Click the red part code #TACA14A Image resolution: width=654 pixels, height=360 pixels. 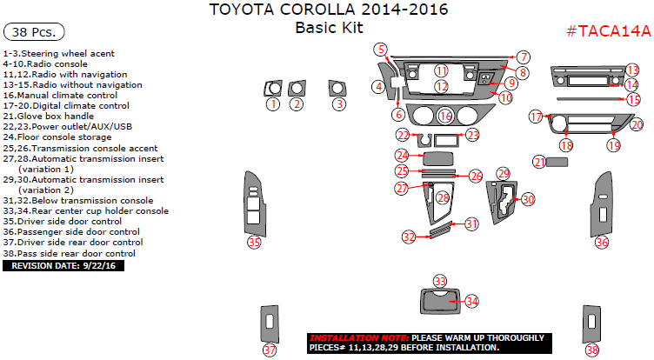[608, 31]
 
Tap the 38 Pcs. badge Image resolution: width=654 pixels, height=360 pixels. [35, 32]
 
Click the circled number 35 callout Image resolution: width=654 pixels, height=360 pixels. [254, 242]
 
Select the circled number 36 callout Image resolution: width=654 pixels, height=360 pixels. [602, 243]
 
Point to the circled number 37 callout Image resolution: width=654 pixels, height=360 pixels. [270, 350]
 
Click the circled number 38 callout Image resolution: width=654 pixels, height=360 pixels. [592, 350]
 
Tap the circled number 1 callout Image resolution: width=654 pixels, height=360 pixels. [272, 104]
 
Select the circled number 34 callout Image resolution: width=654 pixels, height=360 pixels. [471, 301]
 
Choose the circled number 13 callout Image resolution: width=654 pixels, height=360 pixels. [632, 69]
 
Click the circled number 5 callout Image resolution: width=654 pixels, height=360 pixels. [380, 49]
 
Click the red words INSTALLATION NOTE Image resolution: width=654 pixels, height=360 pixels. [358, 337]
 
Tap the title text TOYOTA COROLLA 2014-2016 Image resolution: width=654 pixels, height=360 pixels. [329, 10]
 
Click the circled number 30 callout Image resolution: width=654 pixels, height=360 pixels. [528, 199]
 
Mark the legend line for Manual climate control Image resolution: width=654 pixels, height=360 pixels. [65, 95]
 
